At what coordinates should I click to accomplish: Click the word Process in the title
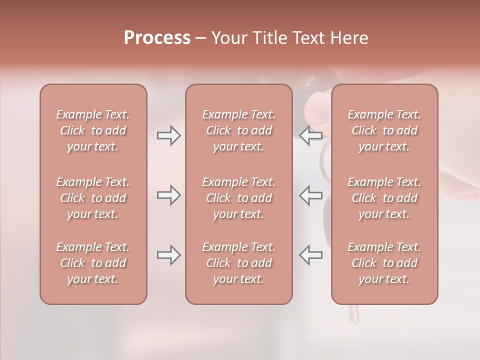pyautogui.click(x=157, y=38)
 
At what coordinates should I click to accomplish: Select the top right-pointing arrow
pyautogui.click(x=168, y=135)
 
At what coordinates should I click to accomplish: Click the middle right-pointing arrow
pyautogui.click(x=168, y=195)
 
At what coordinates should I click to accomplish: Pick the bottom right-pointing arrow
pyautogui.click(x=168, y=255)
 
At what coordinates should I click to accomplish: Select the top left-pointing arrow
pyautogui.click(x=310, y=135)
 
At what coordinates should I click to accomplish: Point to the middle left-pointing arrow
pyautogui.click(x=310, y=195)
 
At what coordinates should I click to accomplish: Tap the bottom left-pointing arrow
pyautogui.click(x=310, y=255)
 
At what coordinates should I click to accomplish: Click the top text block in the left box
pyautogui.click(x=93, y=130)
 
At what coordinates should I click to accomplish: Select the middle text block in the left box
pyautogui.click(x=93, y=198)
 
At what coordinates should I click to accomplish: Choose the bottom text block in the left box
pyautogui.click(x=93, y=263)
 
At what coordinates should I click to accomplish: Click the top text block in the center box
pyautogui.click(x=239, y=130)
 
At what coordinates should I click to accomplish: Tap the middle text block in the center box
pyautogui.click(x=239, y=198)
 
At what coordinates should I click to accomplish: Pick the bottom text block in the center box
pyautogui.click(x=239, y=263)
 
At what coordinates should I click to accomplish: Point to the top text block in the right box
pyautogui.click(x=384, y=130)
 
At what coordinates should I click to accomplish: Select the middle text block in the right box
pyautogui.click(x=384, y=198)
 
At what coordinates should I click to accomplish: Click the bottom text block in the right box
pyautogui.click(x=384, y=263)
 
